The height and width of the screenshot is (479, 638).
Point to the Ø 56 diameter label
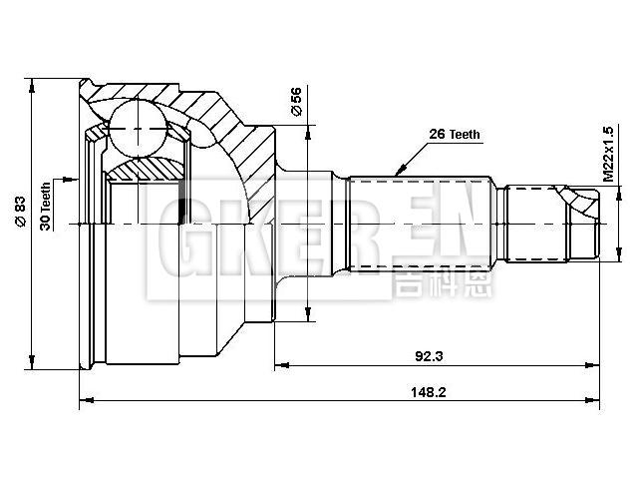pos(296,101)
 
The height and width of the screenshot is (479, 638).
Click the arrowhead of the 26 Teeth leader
pos(396,175)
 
